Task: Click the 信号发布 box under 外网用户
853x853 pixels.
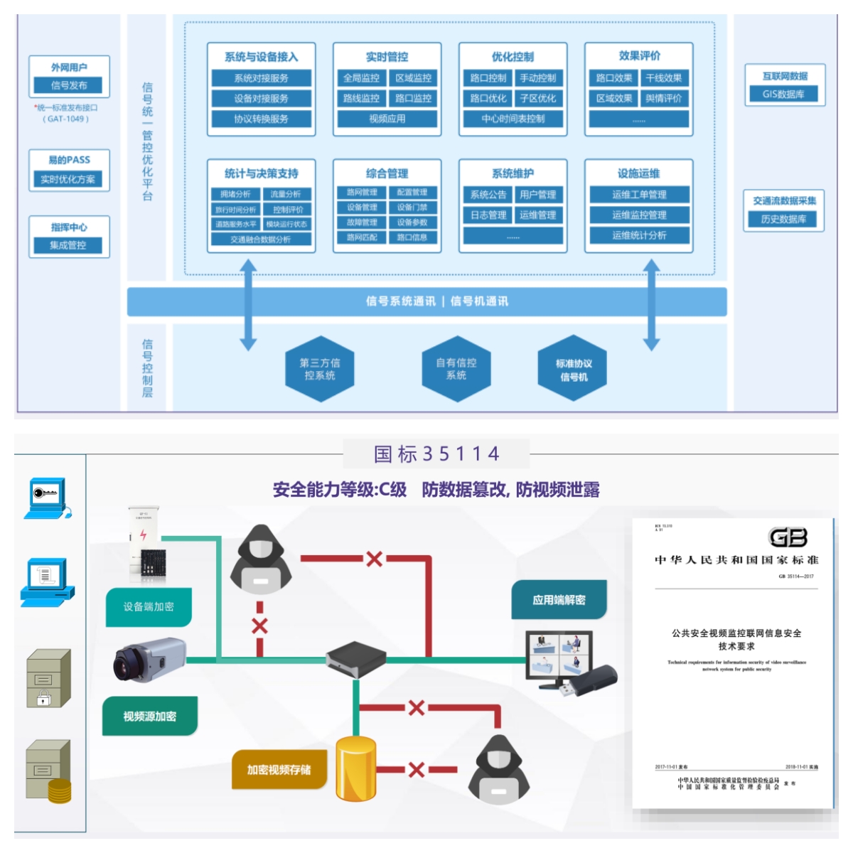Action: tap(69, 85)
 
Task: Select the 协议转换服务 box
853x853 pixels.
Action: tap(261, 119)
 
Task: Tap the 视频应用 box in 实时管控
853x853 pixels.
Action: tap(387, 119)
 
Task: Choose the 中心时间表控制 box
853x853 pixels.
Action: tap(513, 119)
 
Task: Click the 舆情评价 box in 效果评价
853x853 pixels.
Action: tap(663, 98)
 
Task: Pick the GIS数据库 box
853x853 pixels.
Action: tap(783, 94)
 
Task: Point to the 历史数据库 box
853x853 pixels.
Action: tap(783, 219)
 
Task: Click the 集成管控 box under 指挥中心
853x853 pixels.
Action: tap(68, 245)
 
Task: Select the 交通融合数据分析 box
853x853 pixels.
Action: tap(261, 240)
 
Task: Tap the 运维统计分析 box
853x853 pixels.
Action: tap(639, 235)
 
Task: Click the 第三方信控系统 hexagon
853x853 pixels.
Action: tap(320, 369)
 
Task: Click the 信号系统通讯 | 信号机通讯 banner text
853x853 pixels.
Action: tap(436, 301)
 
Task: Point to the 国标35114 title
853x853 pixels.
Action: tap(436, 454)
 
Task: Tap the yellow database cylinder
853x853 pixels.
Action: tap(356, 770)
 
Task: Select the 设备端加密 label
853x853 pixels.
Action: tap(149, 607)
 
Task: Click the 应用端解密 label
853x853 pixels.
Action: tap(559, 600)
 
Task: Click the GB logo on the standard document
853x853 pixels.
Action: tap(788, 537)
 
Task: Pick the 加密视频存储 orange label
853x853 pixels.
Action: tap(279, 770)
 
